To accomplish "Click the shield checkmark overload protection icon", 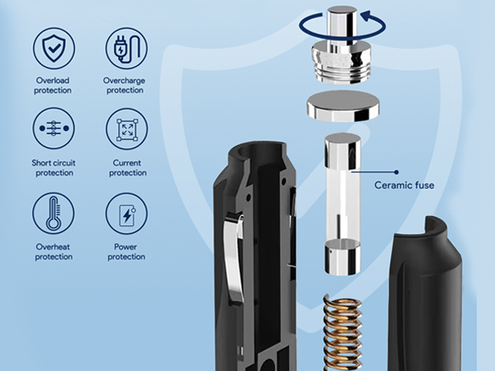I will pyautogui.click(x=54, y=49).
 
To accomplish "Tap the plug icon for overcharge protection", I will pyautogui.click(x=126, y=49).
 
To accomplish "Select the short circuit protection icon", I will pyautogui.click(x=54, y=129).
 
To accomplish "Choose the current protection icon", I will pyautogui.click(x=126, y=129).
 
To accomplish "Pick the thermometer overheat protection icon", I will pyautogui.click(x=54, y=213).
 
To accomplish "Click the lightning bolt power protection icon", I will pyautogui.click(x=126, y=213).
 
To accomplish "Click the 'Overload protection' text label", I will pyautogui.click(x=54, y=85).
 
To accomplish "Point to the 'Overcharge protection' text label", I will pyautogui.click(x=126, y=85).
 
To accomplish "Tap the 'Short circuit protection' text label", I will pyautogui.click(x=54, y=167).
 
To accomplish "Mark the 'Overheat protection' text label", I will pyautogui.click(x=54, y=251).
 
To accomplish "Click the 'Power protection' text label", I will pyautogui.click(x=126, y=251).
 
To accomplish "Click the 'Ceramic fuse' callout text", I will pyautogui.click(x=403, y=185).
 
